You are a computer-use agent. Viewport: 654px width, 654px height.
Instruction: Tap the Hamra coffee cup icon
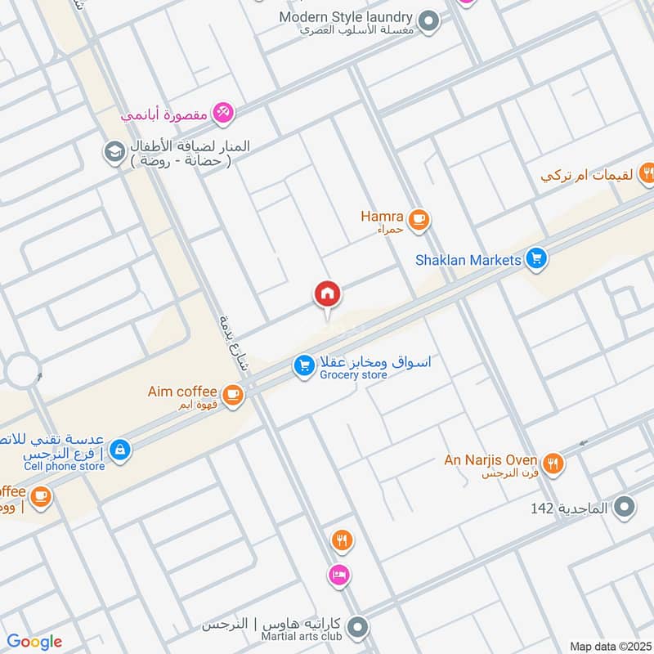pos(419,219)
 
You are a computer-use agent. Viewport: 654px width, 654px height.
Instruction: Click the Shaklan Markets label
pos(468,260)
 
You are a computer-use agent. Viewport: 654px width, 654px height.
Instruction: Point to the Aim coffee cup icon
pos(233,394)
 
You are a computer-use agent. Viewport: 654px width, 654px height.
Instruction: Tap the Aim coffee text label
pos(182,392)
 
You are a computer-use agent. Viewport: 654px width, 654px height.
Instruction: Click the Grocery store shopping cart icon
pos(304,367)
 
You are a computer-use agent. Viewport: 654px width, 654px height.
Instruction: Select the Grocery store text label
pos(353,375)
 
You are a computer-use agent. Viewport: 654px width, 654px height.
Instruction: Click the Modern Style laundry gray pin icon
pos(428,21)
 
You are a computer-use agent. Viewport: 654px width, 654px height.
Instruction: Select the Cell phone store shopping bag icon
pos(120,450)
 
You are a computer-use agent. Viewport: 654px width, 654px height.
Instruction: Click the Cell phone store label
pos(64,466)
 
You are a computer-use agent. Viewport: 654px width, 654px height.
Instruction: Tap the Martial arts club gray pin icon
pos(356,628)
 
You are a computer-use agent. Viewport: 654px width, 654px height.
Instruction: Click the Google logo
pos(34,642)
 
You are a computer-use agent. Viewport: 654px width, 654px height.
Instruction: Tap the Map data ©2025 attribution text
pos(609,646)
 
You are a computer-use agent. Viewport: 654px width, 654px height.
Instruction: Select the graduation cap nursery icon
pos(113,152)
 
